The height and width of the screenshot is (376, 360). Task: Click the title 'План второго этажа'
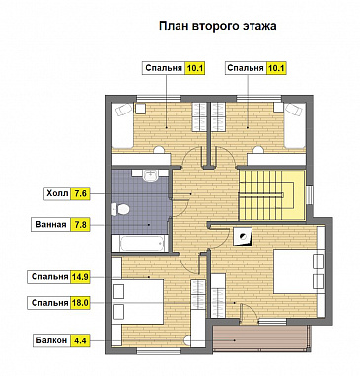click(x=217, y=26)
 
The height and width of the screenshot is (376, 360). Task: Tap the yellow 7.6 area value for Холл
click(x=80, y=193)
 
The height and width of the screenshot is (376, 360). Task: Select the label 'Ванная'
click(x=51, y=225)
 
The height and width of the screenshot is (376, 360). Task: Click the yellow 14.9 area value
click(x=80, y=277)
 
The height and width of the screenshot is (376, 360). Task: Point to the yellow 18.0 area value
click(x=80, y=303)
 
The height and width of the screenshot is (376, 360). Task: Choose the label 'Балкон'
click(x=51, y=340)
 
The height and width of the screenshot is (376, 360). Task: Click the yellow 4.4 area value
click(x=80, y=340)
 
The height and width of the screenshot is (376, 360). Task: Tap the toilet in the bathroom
click(x=120, y=209)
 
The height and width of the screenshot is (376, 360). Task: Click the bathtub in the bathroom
click(x=140, y=243)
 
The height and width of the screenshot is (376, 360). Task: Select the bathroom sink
click(x=151, y=175)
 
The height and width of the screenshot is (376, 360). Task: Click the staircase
click(x=271, y=194)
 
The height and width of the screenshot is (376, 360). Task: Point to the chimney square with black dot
click(x=244, y=236)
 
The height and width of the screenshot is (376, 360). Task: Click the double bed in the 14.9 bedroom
click(x=138, y=301)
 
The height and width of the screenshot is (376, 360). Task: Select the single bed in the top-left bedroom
click(x=122, y=125)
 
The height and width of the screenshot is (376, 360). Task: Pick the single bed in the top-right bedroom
click(x=295, y=125)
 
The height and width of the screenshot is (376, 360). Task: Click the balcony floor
click(x=260, y=339)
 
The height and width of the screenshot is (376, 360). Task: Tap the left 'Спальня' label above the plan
click(x=164, y=68)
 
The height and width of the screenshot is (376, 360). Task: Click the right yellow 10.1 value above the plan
click(x=276, y=68)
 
